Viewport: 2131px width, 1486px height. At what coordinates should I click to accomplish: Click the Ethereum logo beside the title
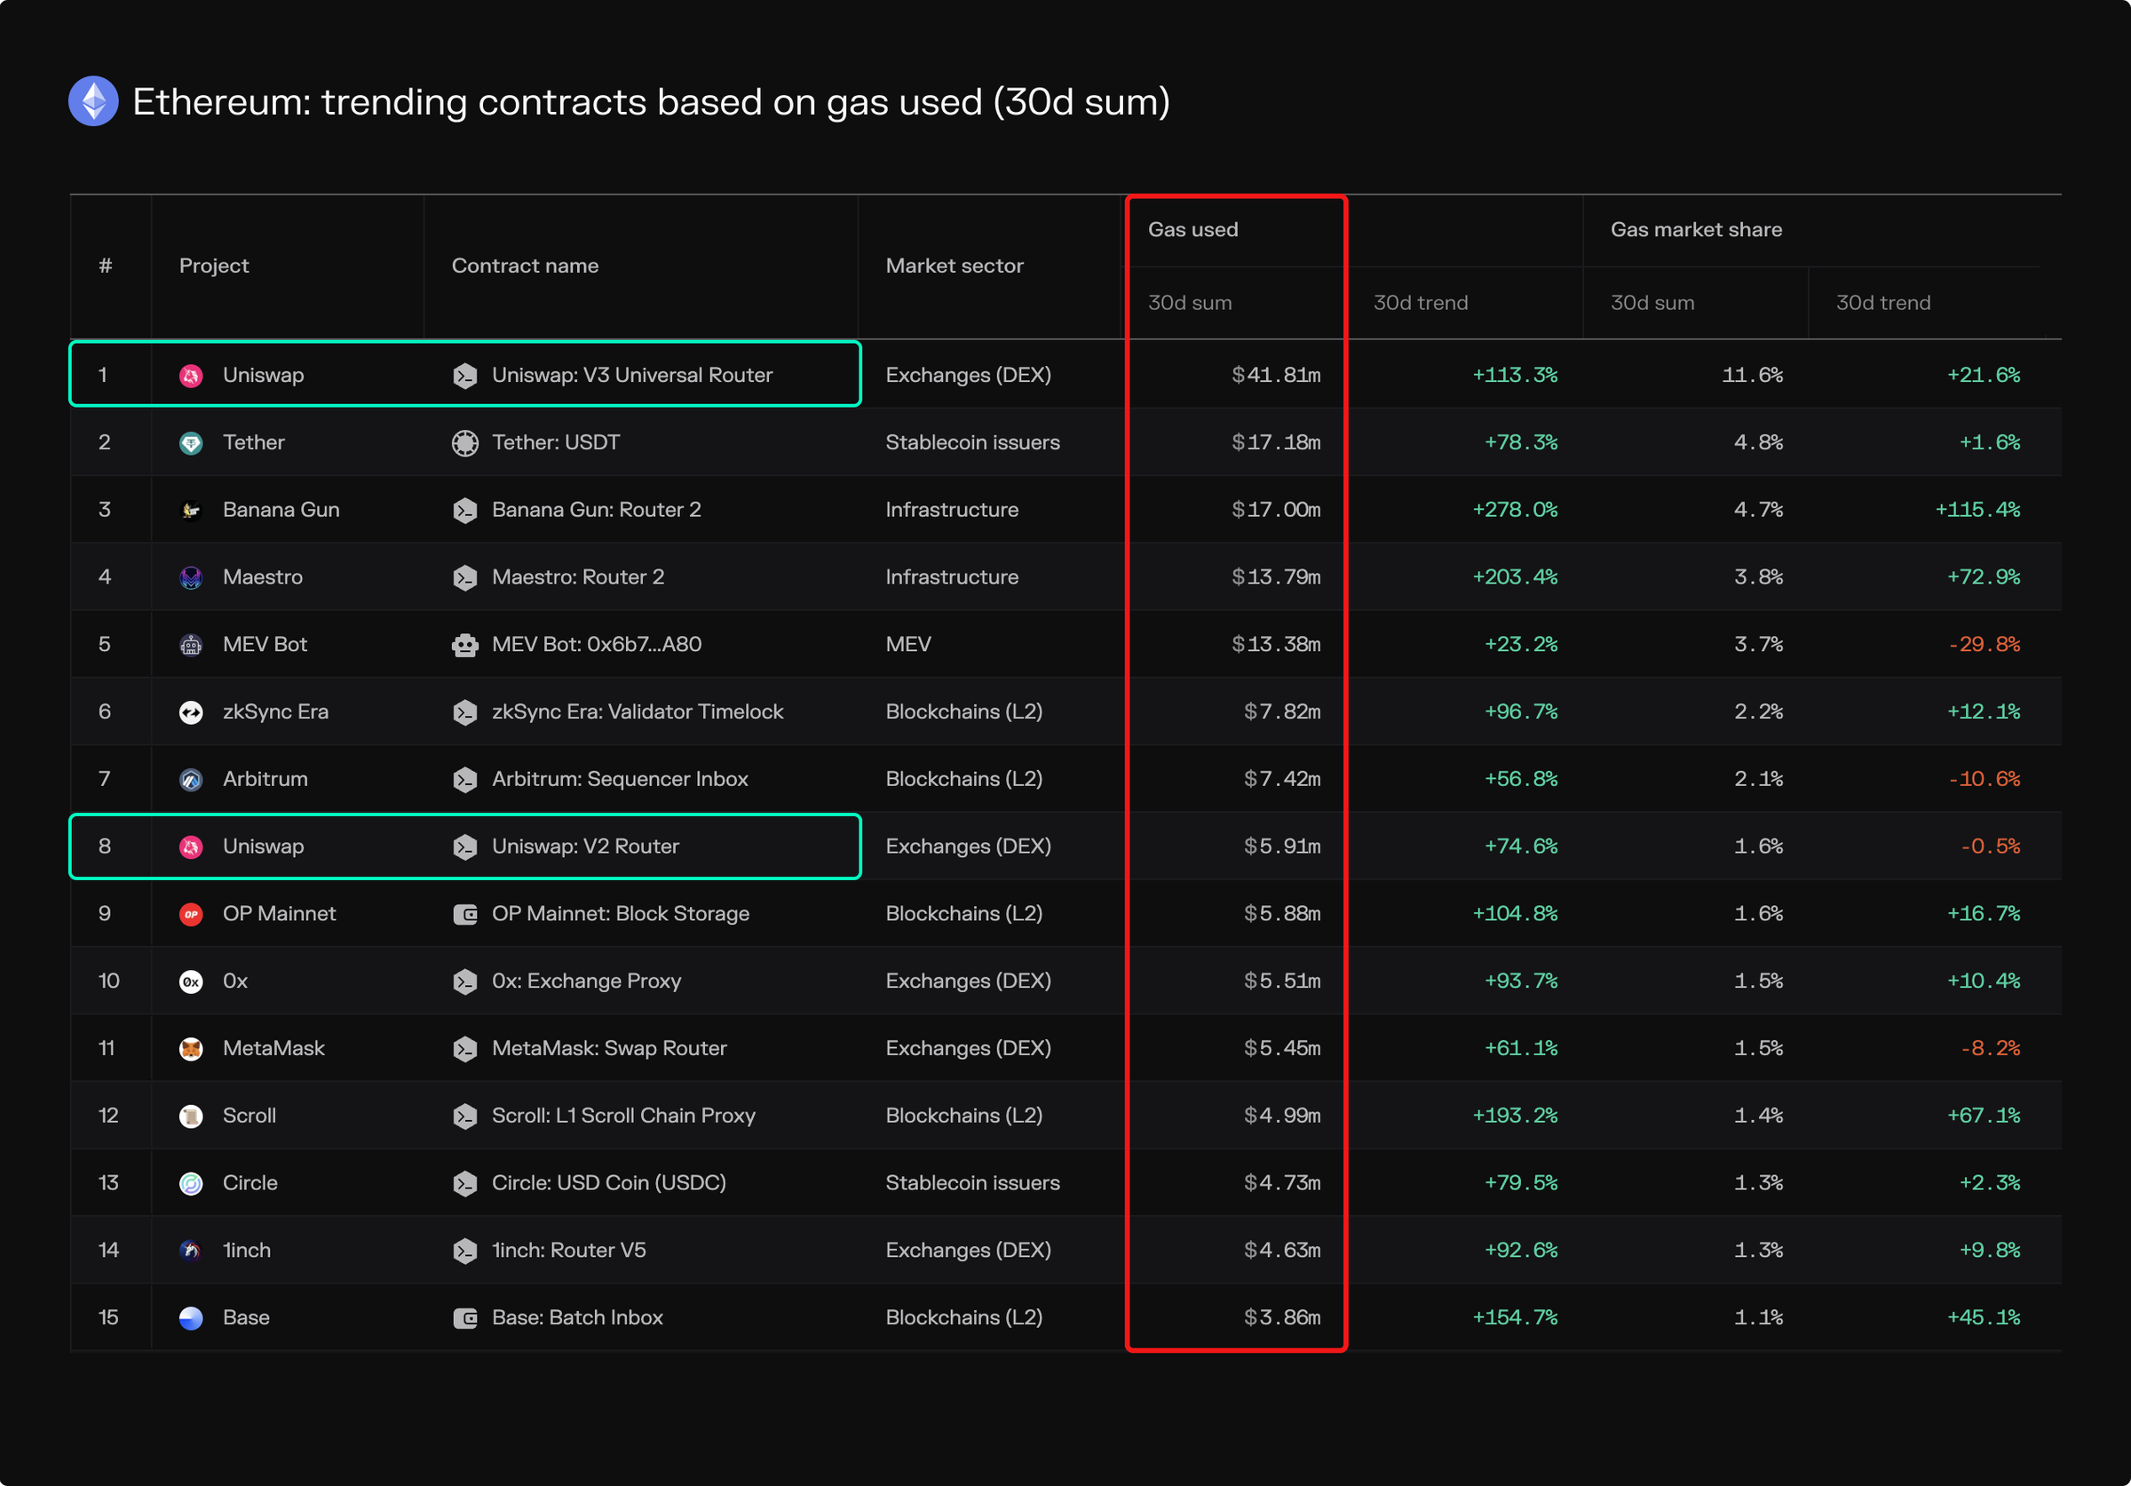[94, 101]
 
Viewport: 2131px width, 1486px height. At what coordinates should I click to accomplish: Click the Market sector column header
[955, 266]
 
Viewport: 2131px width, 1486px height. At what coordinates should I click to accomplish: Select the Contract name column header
[525, 266]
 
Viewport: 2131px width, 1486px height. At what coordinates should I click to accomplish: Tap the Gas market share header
[1696, 229]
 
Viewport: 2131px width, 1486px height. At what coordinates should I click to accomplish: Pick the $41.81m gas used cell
[1275, 375]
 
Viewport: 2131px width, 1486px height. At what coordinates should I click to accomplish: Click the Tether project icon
[191, 442]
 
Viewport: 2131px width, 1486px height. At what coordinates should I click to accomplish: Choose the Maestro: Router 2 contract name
[577, 577]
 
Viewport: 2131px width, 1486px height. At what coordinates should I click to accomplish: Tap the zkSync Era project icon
[191, 711]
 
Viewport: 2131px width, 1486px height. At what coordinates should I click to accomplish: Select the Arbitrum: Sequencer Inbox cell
[619, 779]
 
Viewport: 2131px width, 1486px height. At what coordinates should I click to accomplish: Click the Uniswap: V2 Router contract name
[585, 846]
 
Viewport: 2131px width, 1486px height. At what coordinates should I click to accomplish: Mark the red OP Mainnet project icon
[191, 914]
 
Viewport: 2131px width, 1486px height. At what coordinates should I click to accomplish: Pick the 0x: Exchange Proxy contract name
[586, 981]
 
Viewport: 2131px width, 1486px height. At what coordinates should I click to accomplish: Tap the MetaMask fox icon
[191, 1049]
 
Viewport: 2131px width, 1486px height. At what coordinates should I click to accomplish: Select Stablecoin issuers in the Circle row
[971, 1182]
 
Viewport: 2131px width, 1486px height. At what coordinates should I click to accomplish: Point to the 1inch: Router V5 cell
[568, 1251]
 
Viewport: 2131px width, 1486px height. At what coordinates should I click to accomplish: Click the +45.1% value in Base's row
[1984, 1317]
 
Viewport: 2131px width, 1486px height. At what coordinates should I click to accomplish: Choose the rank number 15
[108, 1317]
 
